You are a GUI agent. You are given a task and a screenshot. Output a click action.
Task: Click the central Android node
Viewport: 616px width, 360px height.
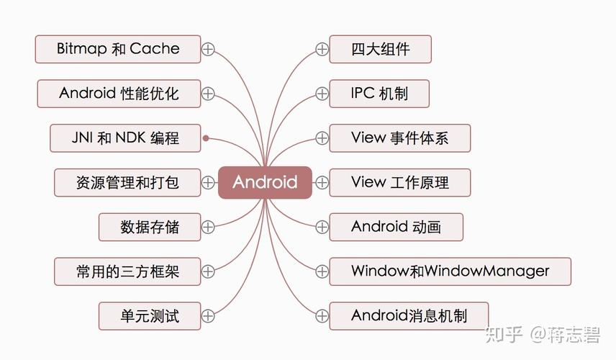265,182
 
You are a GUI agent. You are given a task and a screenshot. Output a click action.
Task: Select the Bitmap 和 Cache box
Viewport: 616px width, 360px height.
118,49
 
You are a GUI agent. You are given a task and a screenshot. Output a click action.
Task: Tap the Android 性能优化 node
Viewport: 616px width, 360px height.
119,94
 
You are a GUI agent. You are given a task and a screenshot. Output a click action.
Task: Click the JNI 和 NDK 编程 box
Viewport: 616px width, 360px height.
125,138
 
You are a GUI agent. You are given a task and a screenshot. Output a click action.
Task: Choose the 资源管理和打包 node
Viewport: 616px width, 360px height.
127,182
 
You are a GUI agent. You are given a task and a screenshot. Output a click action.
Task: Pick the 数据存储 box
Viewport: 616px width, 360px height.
149,227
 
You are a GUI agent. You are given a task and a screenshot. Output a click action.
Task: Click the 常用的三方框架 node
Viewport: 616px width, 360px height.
127,271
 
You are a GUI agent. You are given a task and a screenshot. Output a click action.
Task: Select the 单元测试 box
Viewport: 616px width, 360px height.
149,315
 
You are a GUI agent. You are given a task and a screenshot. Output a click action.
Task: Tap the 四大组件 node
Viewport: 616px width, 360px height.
380,49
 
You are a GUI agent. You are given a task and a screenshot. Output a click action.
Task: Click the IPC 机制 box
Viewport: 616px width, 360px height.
379,94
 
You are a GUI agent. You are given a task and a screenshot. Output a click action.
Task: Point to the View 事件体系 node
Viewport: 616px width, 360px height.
399,138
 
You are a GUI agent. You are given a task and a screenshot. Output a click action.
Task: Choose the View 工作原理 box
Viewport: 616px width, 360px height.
399,182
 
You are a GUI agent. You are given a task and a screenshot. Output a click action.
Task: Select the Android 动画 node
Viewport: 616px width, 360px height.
396,227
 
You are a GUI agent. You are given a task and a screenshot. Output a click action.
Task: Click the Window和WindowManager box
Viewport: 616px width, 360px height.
450,271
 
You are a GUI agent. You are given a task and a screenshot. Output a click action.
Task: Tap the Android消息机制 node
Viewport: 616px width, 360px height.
409,315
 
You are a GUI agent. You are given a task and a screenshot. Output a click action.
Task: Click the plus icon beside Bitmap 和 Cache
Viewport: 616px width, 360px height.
208,49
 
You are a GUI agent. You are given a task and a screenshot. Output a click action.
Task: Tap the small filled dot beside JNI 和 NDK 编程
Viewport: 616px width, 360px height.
206,138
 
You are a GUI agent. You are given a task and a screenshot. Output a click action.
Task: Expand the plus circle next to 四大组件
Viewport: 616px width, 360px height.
322,49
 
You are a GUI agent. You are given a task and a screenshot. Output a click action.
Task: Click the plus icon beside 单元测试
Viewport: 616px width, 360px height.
208,315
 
